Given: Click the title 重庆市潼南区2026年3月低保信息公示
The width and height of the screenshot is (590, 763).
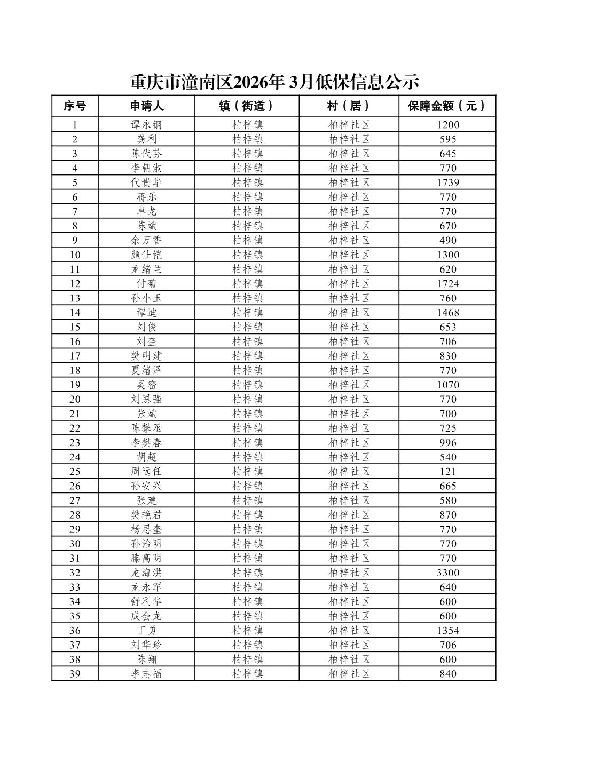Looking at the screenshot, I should [x=274, y=82].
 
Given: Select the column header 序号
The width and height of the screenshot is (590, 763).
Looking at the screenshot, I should [x=75, y=106].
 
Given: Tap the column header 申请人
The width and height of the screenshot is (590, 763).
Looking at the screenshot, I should [x=146, y=106].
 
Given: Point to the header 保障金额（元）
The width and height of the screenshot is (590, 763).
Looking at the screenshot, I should [x=447, y=106].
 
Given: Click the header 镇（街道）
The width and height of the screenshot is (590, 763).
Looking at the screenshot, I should [x=247, y=106].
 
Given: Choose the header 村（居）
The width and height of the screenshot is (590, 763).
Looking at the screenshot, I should [x=349, y=106].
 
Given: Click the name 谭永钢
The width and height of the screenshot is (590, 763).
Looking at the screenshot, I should [x=146, y=125].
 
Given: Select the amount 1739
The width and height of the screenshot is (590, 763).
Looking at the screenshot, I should [x=448, y=182].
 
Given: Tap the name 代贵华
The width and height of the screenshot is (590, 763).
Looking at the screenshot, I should [x=146, y=182].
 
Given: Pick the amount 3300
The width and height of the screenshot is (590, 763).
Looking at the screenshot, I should [x=448, y=573].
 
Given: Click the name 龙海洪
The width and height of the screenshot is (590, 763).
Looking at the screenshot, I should [x=146, y=573].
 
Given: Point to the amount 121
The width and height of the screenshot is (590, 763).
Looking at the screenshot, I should [x=448, y=472].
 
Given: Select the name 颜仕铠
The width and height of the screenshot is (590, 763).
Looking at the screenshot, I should [x=146, y=255].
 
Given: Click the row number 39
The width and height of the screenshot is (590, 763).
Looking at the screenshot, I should [x=75, y=674].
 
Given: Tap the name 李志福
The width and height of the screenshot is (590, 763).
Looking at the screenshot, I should [x=146, y=674].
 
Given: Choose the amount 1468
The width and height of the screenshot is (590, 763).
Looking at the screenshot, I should [x=448, y=313].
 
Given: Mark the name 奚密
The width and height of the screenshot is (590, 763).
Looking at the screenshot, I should [x=146, y=385].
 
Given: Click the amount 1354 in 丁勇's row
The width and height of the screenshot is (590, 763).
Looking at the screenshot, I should [x=448, y=631].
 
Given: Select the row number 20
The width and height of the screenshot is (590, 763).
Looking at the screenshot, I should [x=75, y=400].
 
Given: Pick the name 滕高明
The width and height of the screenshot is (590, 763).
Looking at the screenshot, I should [x=146, y=559].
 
